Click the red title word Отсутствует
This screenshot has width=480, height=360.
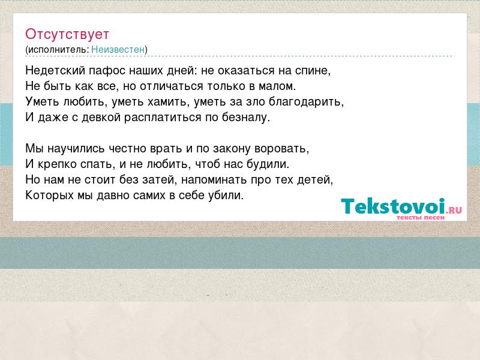[67, 34]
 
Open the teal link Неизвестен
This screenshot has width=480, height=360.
[118, 49]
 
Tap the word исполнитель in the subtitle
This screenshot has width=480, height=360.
[58, 49]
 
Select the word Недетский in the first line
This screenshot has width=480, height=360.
[55, 70]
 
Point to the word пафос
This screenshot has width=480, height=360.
[107, 71]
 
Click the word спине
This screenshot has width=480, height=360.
[313, 71]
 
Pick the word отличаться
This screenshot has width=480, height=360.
[172, 86]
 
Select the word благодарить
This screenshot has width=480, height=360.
[307, 101]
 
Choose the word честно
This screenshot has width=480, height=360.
[128, 148]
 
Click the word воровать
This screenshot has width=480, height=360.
[281, 148]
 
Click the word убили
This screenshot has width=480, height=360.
[226, 196]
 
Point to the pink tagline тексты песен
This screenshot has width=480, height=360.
[421, 218]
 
